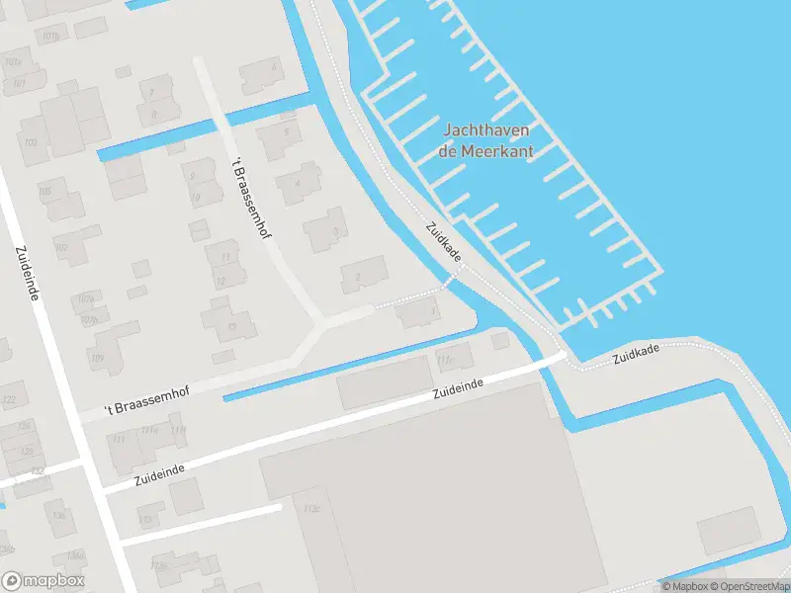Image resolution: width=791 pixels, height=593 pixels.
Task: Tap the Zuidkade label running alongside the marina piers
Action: click(444, 241)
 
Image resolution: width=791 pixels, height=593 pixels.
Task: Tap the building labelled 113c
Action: click(312, 509)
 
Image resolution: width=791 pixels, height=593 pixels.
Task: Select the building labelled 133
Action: click(147, 518)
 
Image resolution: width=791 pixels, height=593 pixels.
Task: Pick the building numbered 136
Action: click(59, 515)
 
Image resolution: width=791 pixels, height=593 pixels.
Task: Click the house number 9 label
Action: click(193, 176)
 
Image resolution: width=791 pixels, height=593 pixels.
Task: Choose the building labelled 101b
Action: click(49, 37)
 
